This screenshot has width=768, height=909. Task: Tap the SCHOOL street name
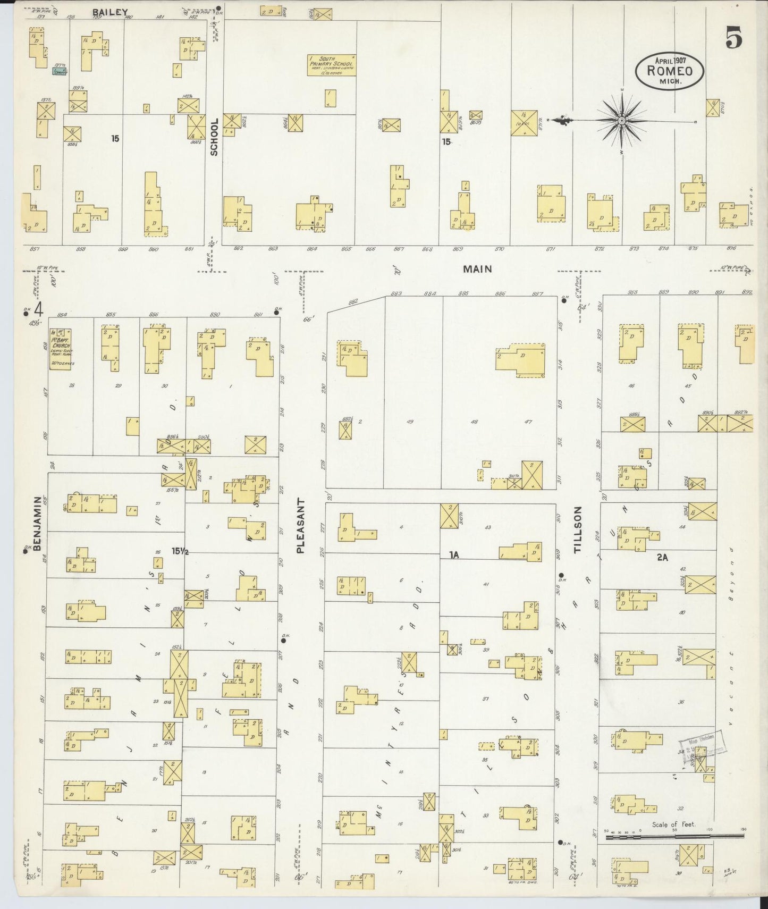(214, 137)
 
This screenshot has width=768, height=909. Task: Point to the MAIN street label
(477, 269)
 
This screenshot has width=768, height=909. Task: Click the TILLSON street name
(579, 530)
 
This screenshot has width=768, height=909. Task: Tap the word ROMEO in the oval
(670, 71)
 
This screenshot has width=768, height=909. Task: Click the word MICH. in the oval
(670, 82)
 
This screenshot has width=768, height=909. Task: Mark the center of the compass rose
(621, 121)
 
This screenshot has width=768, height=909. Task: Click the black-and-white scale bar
(674, 851)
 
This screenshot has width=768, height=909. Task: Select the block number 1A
(453, 555)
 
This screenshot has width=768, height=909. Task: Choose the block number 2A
(662, 557)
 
